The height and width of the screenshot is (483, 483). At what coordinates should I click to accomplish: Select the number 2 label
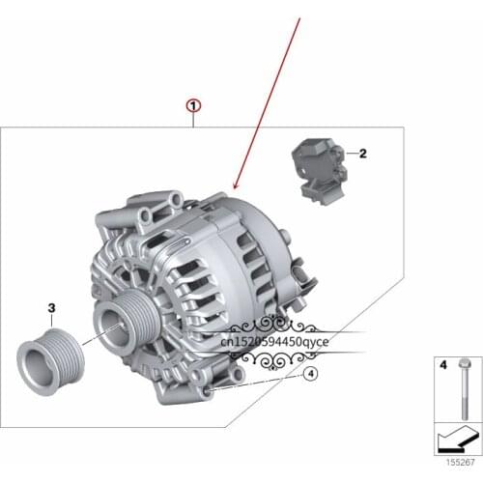click(363, 154)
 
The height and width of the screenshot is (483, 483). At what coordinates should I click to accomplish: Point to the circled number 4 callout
click(311, 373)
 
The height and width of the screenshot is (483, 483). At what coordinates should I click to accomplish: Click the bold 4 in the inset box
click(443, 366)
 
